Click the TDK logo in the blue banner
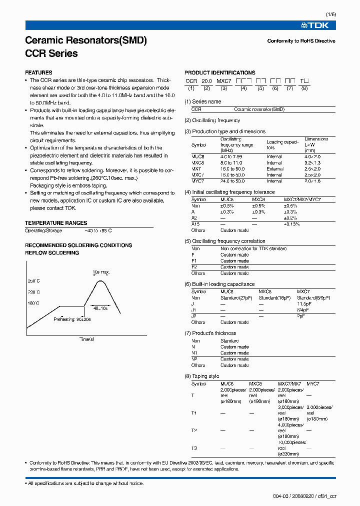coord(317,25)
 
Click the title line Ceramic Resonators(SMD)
coord(85,41)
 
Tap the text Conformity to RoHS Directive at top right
coord(301,41)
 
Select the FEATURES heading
coord(38,72)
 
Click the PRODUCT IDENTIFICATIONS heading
coord(220,72)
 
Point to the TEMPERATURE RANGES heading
coord(56,223)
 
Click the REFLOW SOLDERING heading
coord(52,253)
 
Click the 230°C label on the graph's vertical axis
coord(33,292)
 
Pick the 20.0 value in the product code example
coord(206,81)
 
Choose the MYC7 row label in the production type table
coord(198,181)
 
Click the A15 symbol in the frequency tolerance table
coord(195,224)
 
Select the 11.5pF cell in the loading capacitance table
coord(304,304)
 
